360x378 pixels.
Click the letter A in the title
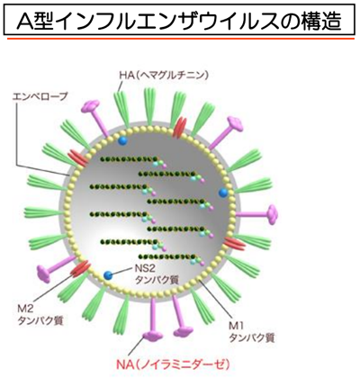pos(27,21)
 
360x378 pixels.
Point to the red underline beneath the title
pos(181,39)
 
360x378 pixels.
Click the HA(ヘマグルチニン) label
pos(164,75)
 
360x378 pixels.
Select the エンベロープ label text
pos(40,96)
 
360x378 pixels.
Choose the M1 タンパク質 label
pos(251,332)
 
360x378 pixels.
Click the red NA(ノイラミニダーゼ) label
pos(174,364)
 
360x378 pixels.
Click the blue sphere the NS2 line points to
pos(108,274)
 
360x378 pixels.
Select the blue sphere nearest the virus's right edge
pos(223,193)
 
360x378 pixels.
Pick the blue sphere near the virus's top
pos(122,140)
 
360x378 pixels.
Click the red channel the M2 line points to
pos(80,268)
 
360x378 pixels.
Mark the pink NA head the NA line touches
pos(152,336)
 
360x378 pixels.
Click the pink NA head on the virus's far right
pos(272,214)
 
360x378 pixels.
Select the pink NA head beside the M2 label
pos(44,274)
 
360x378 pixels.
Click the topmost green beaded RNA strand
pos(129,159)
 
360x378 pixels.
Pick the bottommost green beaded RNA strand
pos(168,256)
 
